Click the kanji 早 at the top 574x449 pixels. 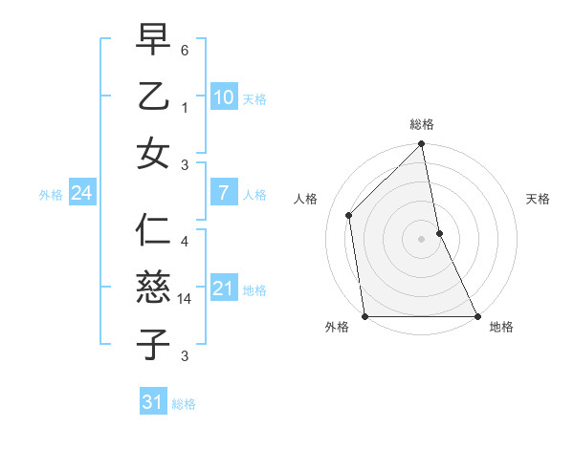pos(153,40)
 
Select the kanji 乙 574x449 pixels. pos(153,96)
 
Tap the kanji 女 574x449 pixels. pos(153,153)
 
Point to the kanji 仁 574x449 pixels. pos(153,231)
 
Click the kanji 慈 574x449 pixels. pos(153,288)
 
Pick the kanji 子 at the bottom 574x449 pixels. pos(153,344)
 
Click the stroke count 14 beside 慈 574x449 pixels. pos(187,299)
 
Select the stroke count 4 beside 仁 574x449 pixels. pos(185,242)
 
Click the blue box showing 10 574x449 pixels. pos(223,97)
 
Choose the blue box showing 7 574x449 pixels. pos(223,193)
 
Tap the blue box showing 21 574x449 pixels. pos(223,289)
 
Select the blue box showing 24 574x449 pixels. pos(81,194)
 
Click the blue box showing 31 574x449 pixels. pos(153,402)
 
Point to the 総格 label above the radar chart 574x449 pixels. pos(422,124)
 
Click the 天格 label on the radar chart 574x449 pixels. pos(539,199)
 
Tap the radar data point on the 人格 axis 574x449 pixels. pos(349,215)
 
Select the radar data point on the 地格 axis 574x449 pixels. pos(476,315)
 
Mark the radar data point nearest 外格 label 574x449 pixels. pos(365,315)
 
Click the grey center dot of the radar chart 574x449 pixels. pos(421,239)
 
